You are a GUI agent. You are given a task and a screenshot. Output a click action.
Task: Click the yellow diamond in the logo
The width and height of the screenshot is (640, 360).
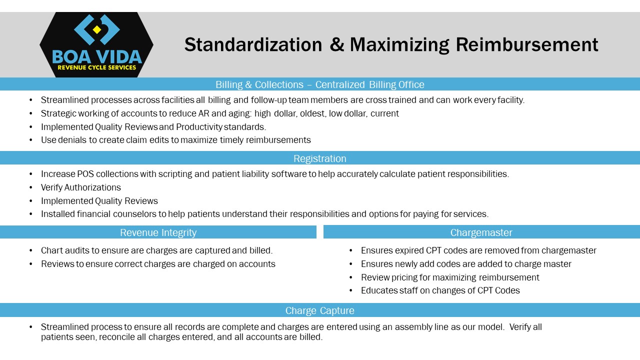[97, 29]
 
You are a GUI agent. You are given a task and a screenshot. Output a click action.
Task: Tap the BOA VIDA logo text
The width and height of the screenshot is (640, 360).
[97, 56]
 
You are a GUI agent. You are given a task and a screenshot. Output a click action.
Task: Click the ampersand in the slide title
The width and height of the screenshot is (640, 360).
[337, 45]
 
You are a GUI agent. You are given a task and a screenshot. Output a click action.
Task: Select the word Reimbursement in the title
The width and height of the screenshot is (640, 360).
[527, 45]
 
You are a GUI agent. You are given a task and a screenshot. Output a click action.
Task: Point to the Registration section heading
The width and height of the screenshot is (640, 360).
[319, 158]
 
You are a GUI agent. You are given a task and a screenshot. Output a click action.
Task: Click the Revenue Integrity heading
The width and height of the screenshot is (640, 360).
[158, 232]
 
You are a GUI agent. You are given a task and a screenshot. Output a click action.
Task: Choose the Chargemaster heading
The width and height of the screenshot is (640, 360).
[481, 232]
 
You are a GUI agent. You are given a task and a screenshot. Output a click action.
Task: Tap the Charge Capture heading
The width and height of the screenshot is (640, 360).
[319, 310]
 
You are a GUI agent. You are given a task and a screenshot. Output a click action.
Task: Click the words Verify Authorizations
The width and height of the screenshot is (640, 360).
[81, 187]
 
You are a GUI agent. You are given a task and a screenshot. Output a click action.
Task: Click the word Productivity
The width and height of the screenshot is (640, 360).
[199, 127]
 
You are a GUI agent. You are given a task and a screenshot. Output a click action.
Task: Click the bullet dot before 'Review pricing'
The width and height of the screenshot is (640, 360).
[351, 277]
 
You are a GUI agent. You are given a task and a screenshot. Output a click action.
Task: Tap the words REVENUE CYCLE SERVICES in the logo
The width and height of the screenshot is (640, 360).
[97, 67]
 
